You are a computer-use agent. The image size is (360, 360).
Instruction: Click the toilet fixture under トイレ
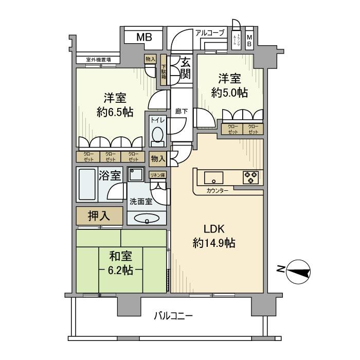point(157,135)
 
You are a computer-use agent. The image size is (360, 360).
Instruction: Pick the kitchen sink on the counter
point(212,178)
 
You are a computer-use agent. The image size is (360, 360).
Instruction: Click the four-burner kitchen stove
point(250,178)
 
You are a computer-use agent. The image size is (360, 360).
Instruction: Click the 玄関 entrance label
point(185,68)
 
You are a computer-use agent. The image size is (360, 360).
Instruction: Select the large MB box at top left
point(143,37)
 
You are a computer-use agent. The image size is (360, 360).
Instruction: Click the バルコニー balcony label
point(174,315)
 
